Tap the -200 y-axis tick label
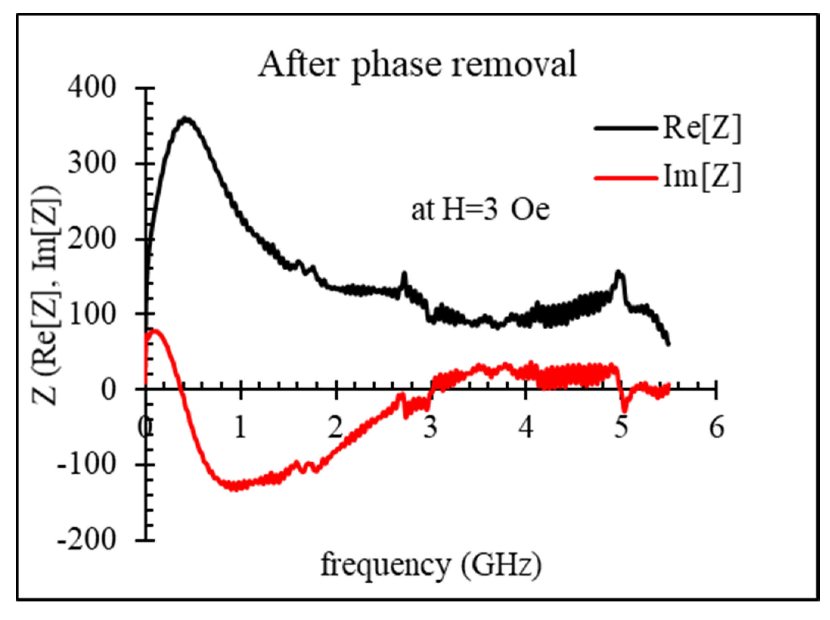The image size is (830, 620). tap(86, 540)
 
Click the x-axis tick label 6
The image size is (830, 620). tap(716, 428)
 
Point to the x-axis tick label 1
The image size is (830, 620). tap(240, 428)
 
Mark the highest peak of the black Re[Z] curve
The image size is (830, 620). tap(185, 119)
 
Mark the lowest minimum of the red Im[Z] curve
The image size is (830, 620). tap(234, 488)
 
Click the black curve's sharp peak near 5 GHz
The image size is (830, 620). tap(619, 273)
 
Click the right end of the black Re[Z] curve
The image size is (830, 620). tap(668, 343)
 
